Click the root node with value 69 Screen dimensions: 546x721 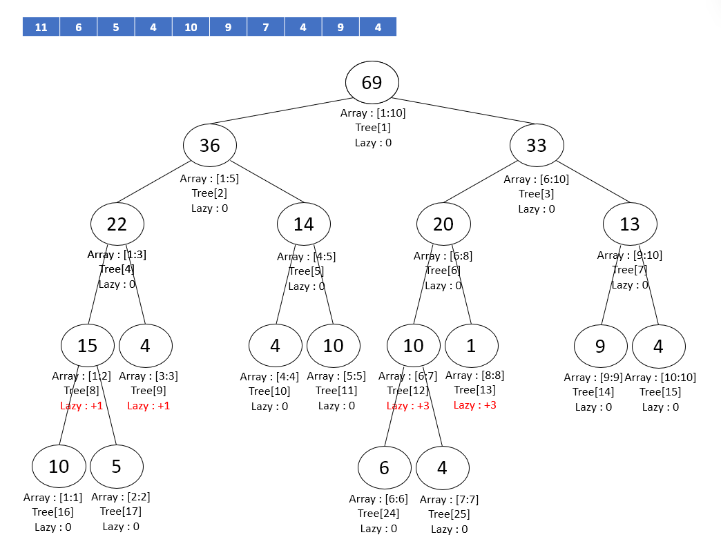click(x=372, y=83)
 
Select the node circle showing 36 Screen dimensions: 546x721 click(x=210, y=146)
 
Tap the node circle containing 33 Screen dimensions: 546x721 click(x=537, y=146)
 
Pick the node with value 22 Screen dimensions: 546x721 click(x=117, y=224)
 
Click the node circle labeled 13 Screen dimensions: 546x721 click(x=630, y=224)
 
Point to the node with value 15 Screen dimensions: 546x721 click(x=88, y=345)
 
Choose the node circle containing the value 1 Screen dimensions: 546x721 click(x=471, y=345)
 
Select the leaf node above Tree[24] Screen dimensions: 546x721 click(x=384, y=468)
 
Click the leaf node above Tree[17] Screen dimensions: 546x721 click(x=116, y=467)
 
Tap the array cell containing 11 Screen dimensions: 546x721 click(x=41, y=28)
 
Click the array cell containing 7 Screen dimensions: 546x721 click(x=265, y=28)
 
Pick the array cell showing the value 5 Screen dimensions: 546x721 click(x=115, y=28)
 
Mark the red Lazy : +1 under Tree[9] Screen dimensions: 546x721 click(x=148, y=406)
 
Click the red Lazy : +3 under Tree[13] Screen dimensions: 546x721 click(x=475, y=405)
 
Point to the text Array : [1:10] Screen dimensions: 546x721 click(x=373, y=113)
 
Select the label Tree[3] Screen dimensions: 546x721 click(x=537, y=194)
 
